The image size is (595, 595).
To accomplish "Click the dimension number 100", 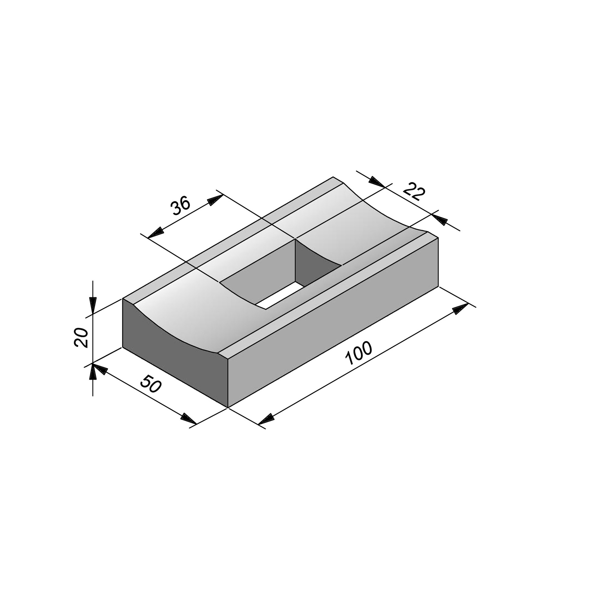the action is pos(359,353).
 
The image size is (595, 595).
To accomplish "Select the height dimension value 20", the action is pos(81,338).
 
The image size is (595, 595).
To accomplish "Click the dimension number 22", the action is pos(414,191).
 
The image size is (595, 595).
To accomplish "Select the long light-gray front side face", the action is pos(333,322).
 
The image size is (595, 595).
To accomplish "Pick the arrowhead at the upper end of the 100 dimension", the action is pos(460,308).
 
